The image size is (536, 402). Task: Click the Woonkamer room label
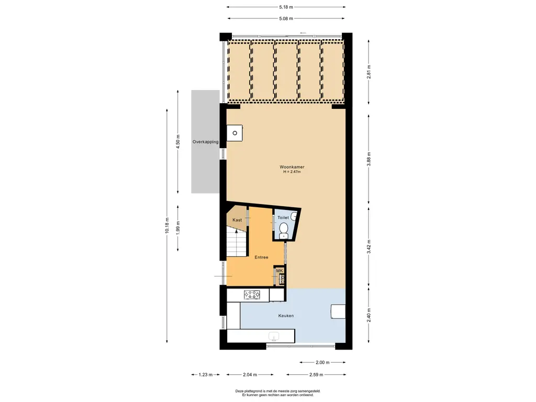click(x=292, y=167)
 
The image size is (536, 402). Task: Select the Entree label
click(x=261, y=257)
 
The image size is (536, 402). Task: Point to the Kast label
click(x=237, y=220)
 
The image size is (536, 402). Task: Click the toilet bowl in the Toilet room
click(x=284, y=229)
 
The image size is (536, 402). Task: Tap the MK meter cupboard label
click(x=280, y=271)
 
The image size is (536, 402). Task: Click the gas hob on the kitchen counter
click(x=252, y=296)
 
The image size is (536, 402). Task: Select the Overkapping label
click(x=205, y=142)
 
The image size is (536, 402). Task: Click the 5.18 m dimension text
click(x=286, y=7)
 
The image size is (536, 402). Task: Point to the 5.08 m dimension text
click(x=286, y=18)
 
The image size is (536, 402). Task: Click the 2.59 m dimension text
click(x=316, y=375)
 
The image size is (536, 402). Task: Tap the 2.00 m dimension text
click(x=323, y=363)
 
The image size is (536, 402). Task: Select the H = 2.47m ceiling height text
click(x=292, y=172)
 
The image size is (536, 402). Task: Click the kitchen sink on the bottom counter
click(x=274, y=336)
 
